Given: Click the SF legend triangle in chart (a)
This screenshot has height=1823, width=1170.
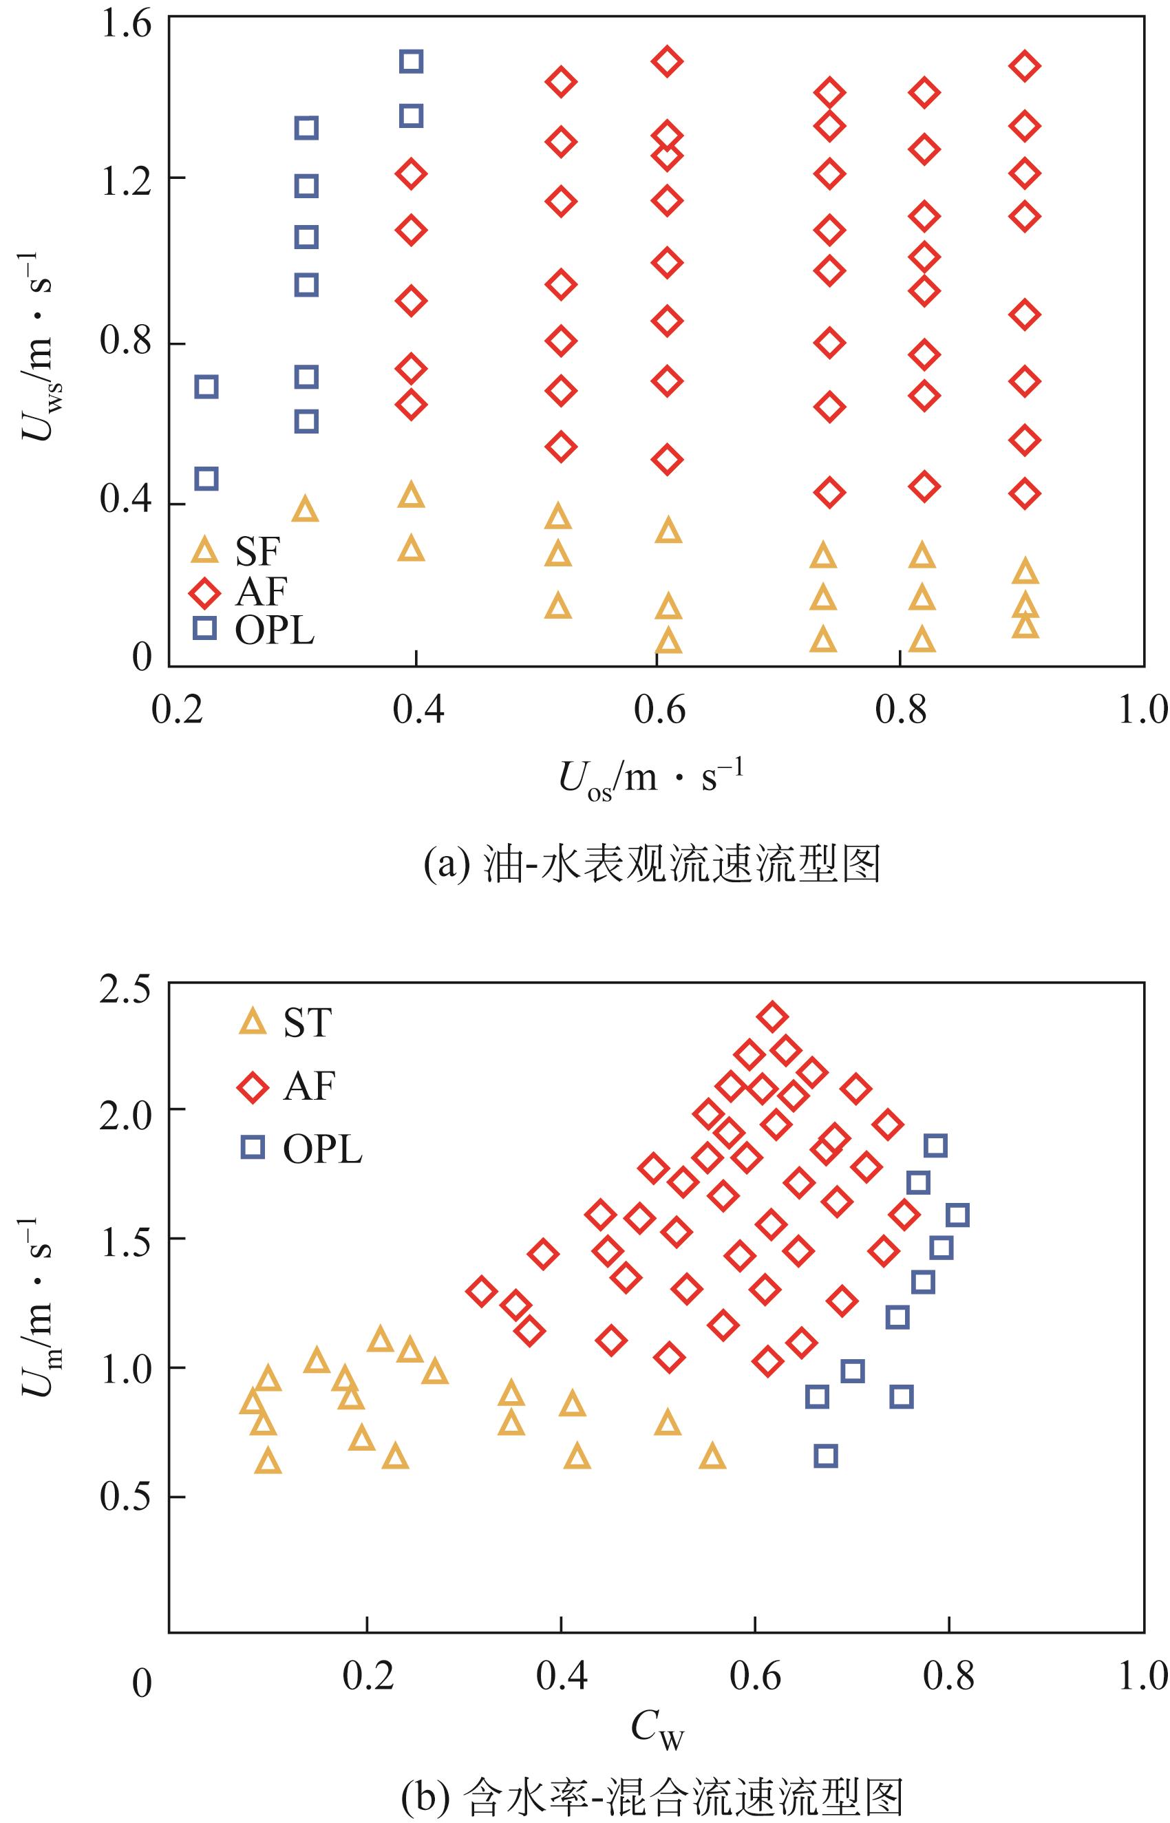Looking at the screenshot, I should [x=204, y=550].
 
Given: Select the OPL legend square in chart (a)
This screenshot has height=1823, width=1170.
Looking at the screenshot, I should [x=204, y=628].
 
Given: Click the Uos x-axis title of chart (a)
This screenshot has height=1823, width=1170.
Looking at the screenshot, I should [x=651, y=778].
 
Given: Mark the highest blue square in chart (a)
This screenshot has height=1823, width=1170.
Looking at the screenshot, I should [x=411, y=61].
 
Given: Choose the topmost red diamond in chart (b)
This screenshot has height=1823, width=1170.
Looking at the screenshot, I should [x=773, y=1016].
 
